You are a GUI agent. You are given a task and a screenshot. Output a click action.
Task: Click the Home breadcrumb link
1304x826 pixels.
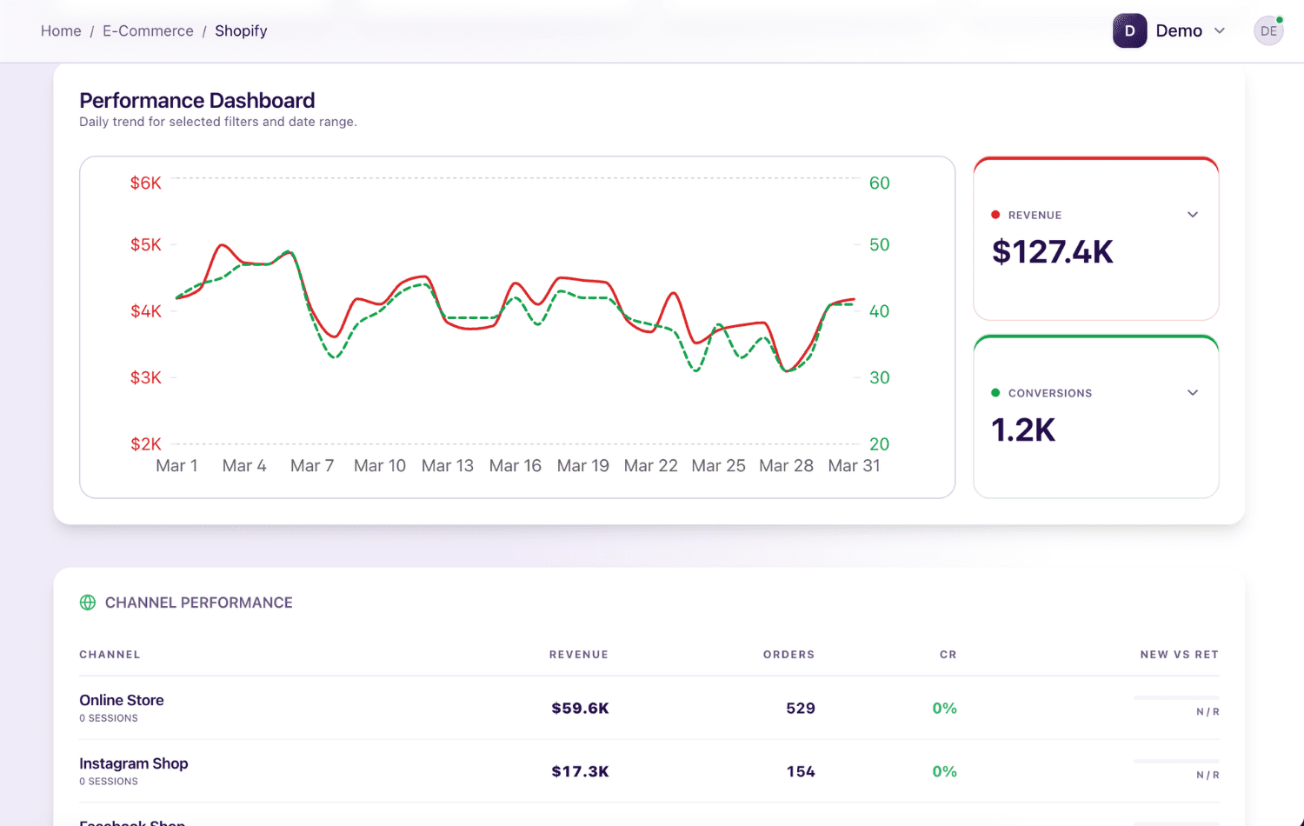click(x=61, y=30)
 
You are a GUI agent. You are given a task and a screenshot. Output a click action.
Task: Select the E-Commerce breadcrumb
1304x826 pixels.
click(x=148, y=30)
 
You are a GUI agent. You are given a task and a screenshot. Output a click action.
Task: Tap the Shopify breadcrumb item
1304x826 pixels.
click(x=241, y=30)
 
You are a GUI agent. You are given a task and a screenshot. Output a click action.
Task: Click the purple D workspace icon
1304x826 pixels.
click(x=1129, y=30)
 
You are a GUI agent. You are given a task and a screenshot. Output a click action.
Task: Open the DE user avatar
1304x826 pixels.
click(x=1268, y=30)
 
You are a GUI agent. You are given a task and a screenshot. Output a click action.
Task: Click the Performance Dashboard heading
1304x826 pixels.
click(x=197, y=101)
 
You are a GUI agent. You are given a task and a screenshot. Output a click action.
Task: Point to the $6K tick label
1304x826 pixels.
click(x=145, y=183)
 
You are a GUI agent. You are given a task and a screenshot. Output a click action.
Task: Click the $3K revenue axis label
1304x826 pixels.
click(x=145, y=377)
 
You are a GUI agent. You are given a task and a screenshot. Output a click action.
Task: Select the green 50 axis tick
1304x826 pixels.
click(x=879, y=244)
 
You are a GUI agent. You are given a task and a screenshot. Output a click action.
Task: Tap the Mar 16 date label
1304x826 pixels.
click(x=515, y=466)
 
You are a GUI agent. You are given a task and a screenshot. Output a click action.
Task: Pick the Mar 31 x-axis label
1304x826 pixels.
click(x=854, y=466)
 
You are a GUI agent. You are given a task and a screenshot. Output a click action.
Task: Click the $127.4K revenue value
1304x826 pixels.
click(x=1052, y=252)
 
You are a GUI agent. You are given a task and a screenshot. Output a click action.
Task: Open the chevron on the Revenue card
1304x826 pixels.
click(x=1193, y=215)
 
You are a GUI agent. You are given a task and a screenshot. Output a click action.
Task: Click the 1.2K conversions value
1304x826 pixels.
click(x=1023, y=430)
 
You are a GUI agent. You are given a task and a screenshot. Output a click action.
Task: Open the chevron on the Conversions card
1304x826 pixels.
click(x=1193, y=393)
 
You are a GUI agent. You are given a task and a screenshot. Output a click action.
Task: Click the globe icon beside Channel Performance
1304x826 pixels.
click(x=88, y=603)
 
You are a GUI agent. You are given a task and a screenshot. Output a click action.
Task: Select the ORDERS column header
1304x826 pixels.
click(x=788, y=655)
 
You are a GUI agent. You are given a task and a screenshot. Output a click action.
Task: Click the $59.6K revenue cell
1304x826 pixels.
click(x=580, y=708)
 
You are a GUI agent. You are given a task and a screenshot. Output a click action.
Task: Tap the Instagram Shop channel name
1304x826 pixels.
click(x=134, y=763)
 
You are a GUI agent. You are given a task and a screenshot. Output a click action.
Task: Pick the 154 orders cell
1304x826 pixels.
click(x=800, y=771)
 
